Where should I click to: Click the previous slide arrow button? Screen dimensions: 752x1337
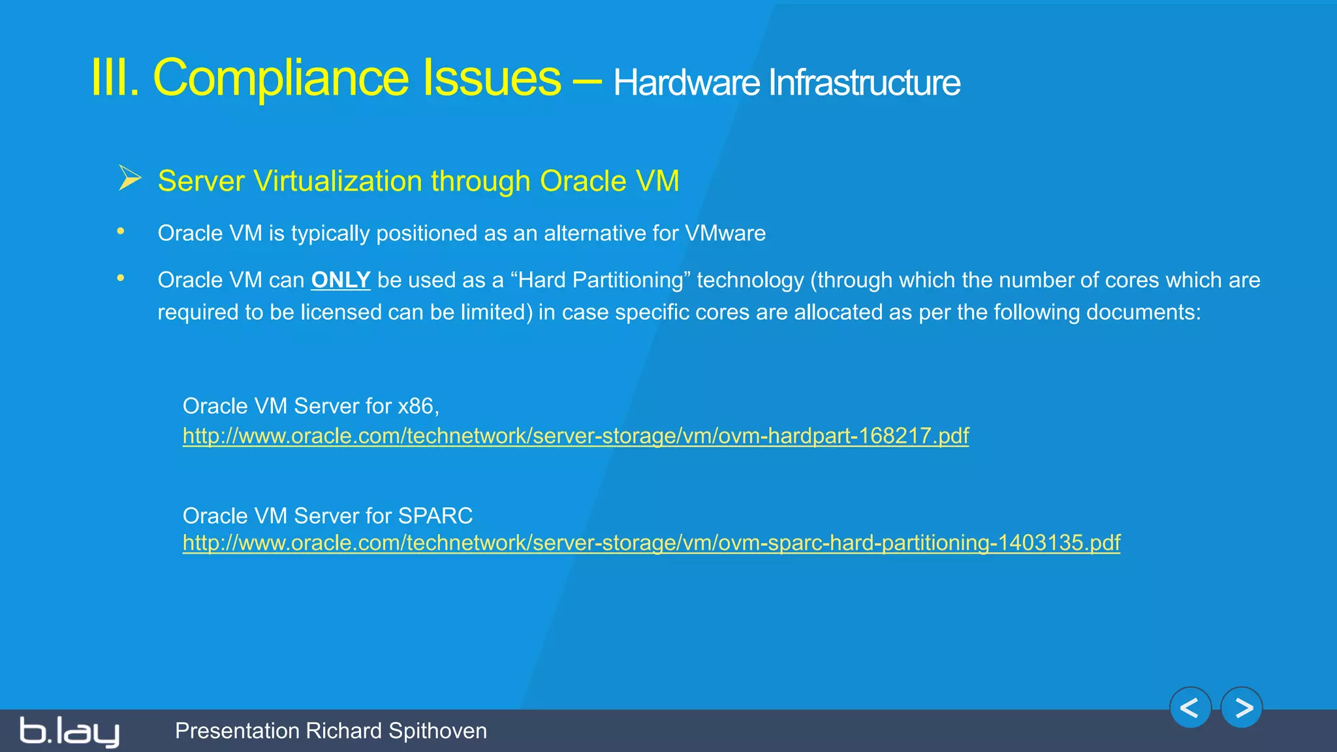(1190, 708)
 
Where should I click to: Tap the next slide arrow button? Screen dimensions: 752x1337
(1242, 708)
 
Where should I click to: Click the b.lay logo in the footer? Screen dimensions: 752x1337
(69, 732)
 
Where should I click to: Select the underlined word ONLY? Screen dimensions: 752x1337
(341, 280)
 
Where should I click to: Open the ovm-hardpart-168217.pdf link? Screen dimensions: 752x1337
(575, 435)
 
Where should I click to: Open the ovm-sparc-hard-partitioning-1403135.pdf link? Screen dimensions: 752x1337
(651, 542)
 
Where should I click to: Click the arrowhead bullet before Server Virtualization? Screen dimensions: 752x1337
(130, 178)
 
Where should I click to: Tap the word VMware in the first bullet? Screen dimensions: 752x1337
(725, 233)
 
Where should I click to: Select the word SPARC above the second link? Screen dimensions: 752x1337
(435, 516)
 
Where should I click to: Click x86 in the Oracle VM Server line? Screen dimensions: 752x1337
(417, 406)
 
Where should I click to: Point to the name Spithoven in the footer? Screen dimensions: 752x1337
(437, 731)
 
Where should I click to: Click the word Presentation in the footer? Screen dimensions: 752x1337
(237, 731)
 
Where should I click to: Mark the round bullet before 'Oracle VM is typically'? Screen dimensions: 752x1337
(121, 231)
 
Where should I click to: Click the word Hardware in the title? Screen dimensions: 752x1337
(686, 83)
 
